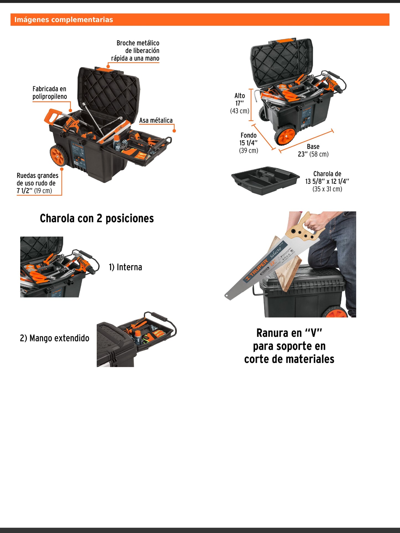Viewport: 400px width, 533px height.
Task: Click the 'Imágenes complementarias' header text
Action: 64,20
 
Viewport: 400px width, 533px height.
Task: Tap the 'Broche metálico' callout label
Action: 138,50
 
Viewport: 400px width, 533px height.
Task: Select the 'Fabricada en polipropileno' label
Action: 50,93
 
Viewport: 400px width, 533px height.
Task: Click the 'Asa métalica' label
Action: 156,120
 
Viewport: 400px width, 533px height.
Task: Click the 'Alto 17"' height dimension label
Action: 240,103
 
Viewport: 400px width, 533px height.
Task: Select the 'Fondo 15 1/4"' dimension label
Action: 248,143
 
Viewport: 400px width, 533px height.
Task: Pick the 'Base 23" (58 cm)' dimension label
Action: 313,150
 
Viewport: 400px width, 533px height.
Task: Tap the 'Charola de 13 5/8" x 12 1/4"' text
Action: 327,181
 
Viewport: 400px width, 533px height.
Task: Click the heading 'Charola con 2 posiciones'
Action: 97,219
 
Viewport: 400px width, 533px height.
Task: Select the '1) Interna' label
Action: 125,267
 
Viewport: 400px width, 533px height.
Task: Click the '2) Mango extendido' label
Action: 55,338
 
